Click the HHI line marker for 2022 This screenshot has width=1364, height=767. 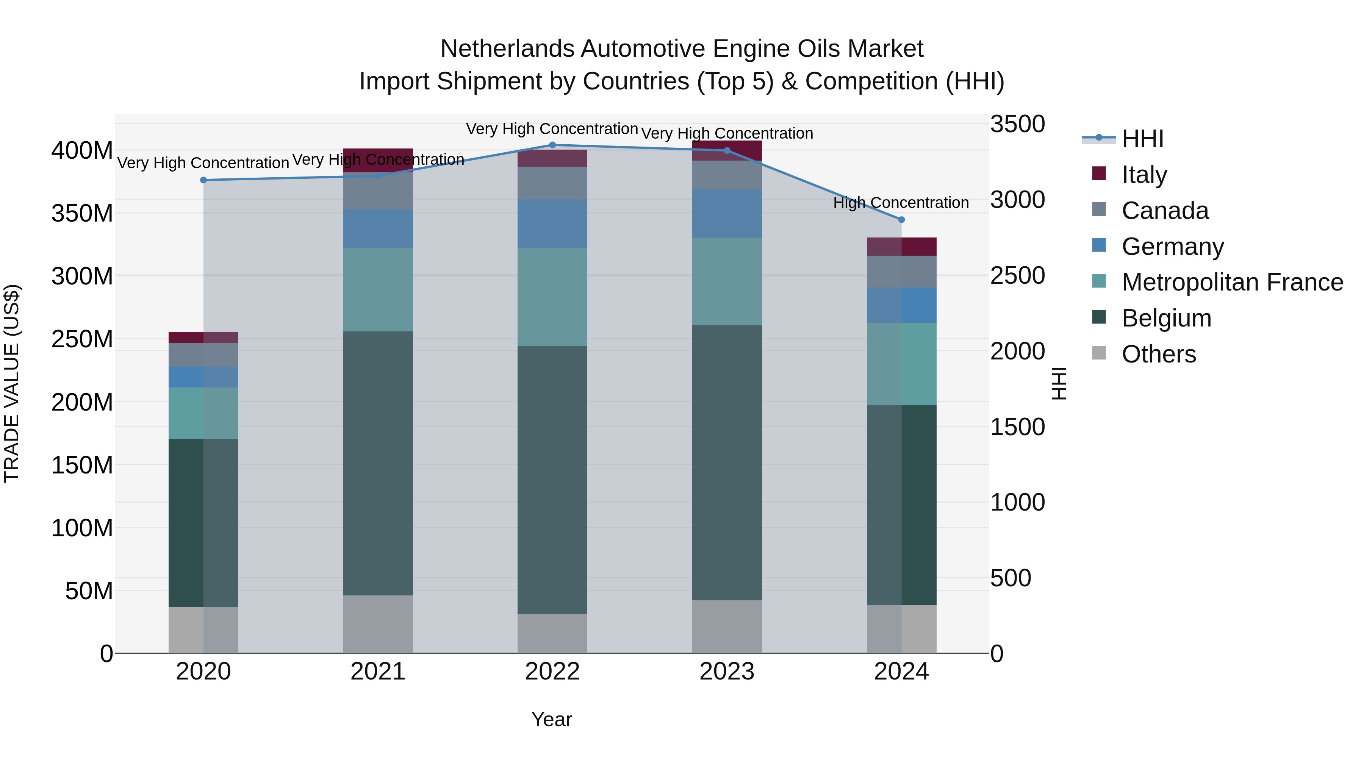click(x=552, y=145)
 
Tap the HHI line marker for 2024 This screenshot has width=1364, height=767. click(x=901, y=220)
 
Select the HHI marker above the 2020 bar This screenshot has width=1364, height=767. click(x=203, y=180)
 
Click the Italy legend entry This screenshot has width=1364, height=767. click(x=1144, y=175)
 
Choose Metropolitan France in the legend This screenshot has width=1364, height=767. click(x=1232, y=282)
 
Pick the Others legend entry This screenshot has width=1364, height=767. click(x=1159, y=354)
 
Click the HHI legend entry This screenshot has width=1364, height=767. click(x=1142, y=139)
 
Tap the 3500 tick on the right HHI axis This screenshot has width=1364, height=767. click(x=1017, y=124)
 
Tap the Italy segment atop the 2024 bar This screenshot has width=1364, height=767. click(x=901, y=247)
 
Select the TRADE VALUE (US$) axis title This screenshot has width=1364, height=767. click(x=12, y=383)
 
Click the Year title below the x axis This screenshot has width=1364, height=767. click(x=551, y=719)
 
